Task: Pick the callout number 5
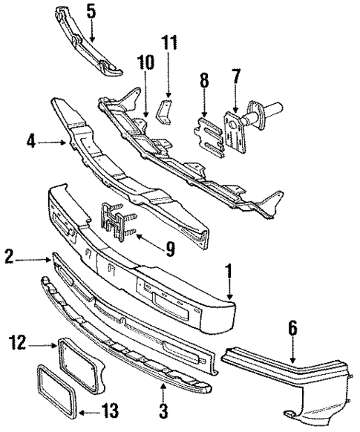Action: [91, 11]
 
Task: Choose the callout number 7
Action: [236, 76]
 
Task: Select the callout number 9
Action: [170, 251]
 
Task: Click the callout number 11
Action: [171, 42]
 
